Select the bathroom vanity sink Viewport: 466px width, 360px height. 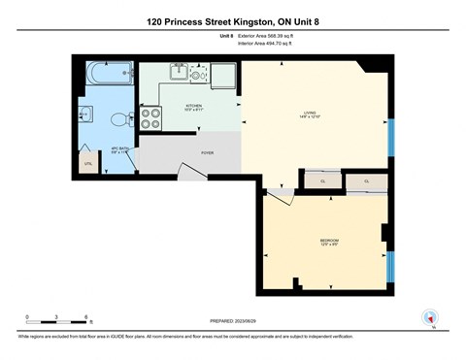click(x=84, y=115)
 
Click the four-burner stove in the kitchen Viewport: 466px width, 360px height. click(x=152, y=118)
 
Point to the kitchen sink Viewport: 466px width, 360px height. click(x=181, y=72)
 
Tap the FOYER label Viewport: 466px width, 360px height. click(x=207, y=152)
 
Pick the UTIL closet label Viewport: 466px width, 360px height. click(x=88, y=164)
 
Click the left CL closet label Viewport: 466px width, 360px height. click(x=322, y=181)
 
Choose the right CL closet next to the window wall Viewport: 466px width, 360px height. click(x=367, y=181)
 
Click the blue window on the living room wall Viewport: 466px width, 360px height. click(x=391, y=142)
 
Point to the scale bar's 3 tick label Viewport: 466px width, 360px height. click(x=56, y=317)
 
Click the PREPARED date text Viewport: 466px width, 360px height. click(x=232, y=320)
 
